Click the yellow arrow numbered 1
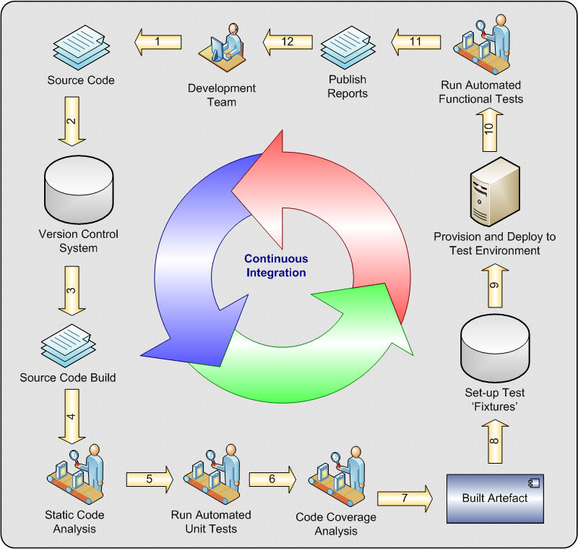click(x=157, y=42)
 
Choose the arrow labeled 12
click(x=287, y=42)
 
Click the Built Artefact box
click(x=495, y=498)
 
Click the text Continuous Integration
click(x=275, y=265)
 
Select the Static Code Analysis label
click(x=74, y=522)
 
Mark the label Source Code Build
click(x=68, y=378)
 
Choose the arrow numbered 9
click(x=495, y=285)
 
